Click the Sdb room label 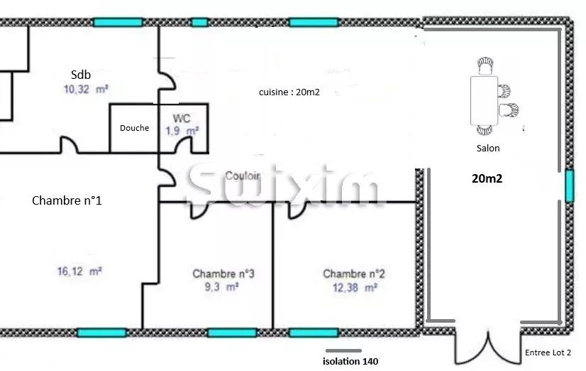point(81,74)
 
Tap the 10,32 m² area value point(85,90)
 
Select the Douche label point(134,128)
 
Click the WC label point(182,119)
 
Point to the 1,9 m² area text point(182,131)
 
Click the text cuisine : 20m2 point(289,92)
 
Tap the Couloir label point(241,176)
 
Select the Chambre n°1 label point(67,200)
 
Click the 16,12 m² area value point(79,271)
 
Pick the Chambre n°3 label point(223,274)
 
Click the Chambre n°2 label point(354,274)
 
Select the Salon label point(488,149)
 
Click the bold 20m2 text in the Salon point(487,179)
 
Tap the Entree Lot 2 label point(548,353)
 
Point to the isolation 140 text point(350,362)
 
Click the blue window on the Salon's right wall point(569,185)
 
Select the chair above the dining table point(486,66)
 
